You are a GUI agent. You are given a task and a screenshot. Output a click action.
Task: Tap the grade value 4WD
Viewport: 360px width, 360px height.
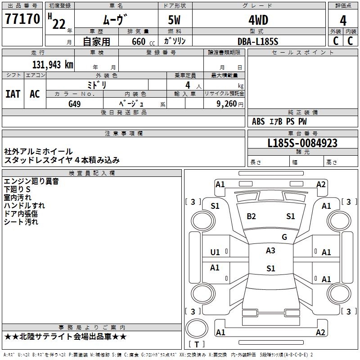coord(258,20)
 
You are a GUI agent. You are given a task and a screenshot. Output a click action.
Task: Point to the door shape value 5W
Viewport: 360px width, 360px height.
coord(175,20)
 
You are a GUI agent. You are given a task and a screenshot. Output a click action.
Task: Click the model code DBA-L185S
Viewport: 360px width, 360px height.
coord(258,41)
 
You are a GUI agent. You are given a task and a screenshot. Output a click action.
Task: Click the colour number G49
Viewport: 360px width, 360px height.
coord(75,103)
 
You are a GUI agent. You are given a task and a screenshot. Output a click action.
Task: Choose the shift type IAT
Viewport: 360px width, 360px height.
coord(13,94)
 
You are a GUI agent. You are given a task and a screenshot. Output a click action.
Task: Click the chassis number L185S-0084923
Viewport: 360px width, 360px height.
coord(302,143)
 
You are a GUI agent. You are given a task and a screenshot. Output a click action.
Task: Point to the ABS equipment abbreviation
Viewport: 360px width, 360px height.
coord(258,121)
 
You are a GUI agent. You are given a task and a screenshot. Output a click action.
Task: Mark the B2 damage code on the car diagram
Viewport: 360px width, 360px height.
coord(251,216)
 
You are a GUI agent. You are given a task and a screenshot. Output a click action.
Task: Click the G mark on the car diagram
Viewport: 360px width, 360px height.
coord(284,237)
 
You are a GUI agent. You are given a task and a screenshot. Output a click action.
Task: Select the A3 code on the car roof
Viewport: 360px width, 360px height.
coord(270,251)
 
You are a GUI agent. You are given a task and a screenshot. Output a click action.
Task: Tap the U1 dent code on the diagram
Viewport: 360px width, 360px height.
coord(215,252)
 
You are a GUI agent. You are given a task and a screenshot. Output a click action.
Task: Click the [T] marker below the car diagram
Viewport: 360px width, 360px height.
coord(197,344)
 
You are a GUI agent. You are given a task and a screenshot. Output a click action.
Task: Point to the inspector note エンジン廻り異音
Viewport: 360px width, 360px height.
coord(31,181)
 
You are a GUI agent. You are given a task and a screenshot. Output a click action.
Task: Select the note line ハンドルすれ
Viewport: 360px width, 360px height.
coord(24,206)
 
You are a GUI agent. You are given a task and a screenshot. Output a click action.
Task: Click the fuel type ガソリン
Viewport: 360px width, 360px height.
coord(175,41)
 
